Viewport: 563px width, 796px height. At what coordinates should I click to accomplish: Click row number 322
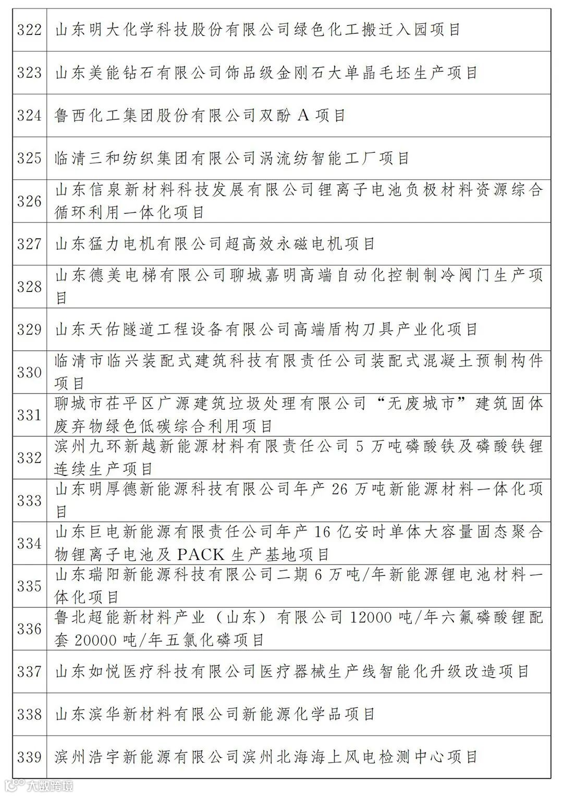[29, 30]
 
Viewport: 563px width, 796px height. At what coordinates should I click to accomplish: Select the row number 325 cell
[29, 158]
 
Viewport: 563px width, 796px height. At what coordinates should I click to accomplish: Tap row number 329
[29, 329]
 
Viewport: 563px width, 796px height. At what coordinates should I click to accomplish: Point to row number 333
[29, 500]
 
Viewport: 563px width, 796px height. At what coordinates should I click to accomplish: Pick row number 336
[29, 629]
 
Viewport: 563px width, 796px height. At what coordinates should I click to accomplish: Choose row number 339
[29, 757]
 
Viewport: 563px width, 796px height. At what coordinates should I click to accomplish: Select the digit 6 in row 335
[319, 574]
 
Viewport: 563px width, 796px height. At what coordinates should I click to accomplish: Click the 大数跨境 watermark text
[51, 786]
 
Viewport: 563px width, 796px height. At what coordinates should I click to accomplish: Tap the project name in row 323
[266, 72]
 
